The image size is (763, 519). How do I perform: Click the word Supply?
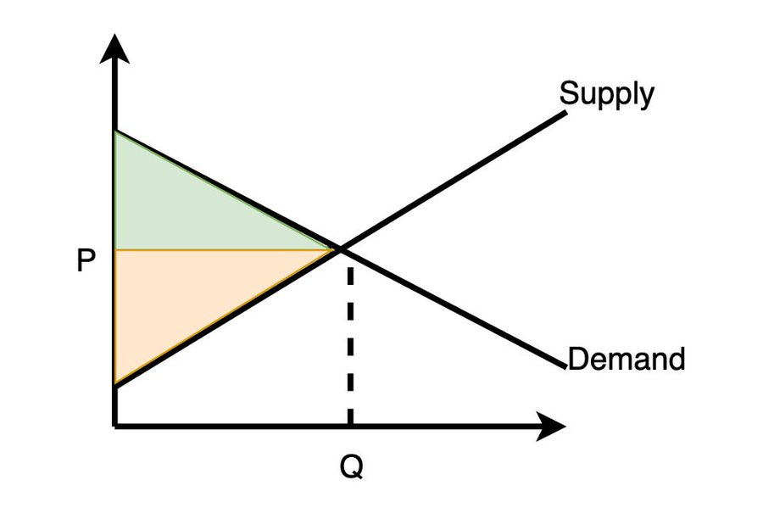[x=607, y=94]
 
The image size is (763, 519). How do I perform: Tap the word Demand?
[x=627, y=360]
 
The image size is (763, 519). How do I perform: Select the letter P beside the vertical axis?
[x=86, y=260]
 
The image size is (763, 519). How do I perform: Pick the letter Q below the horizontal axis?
[x=351, y=467]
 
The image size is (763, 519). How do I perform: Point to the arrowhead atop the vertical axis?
[x=114, y=48]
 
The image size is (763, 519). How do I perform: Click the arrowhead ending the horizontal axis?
[x=551, y=427]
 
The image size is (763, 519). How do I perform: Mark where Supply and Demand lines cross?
[x=341, y=249]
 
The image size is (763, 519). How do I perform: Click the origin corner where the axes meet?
[x=114, y=427]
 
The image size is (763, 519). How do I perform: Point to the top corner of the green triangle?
[x=114, y=131]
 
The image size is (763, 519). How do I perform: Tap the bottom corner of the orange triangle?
[x=114, y=386]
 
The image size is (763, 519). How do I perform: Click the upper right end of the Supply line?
[x=566, y=113]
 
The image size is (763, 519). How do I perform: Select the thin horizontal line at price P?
[x=225, y=250]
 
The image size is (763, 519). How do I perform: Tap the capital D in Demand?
[x=578, y=360]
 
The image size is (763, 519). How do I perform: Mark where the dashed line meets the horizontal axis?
[x=350, y=427]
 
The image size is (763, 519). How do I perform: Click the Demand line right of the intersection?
[x=454, y=308]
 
